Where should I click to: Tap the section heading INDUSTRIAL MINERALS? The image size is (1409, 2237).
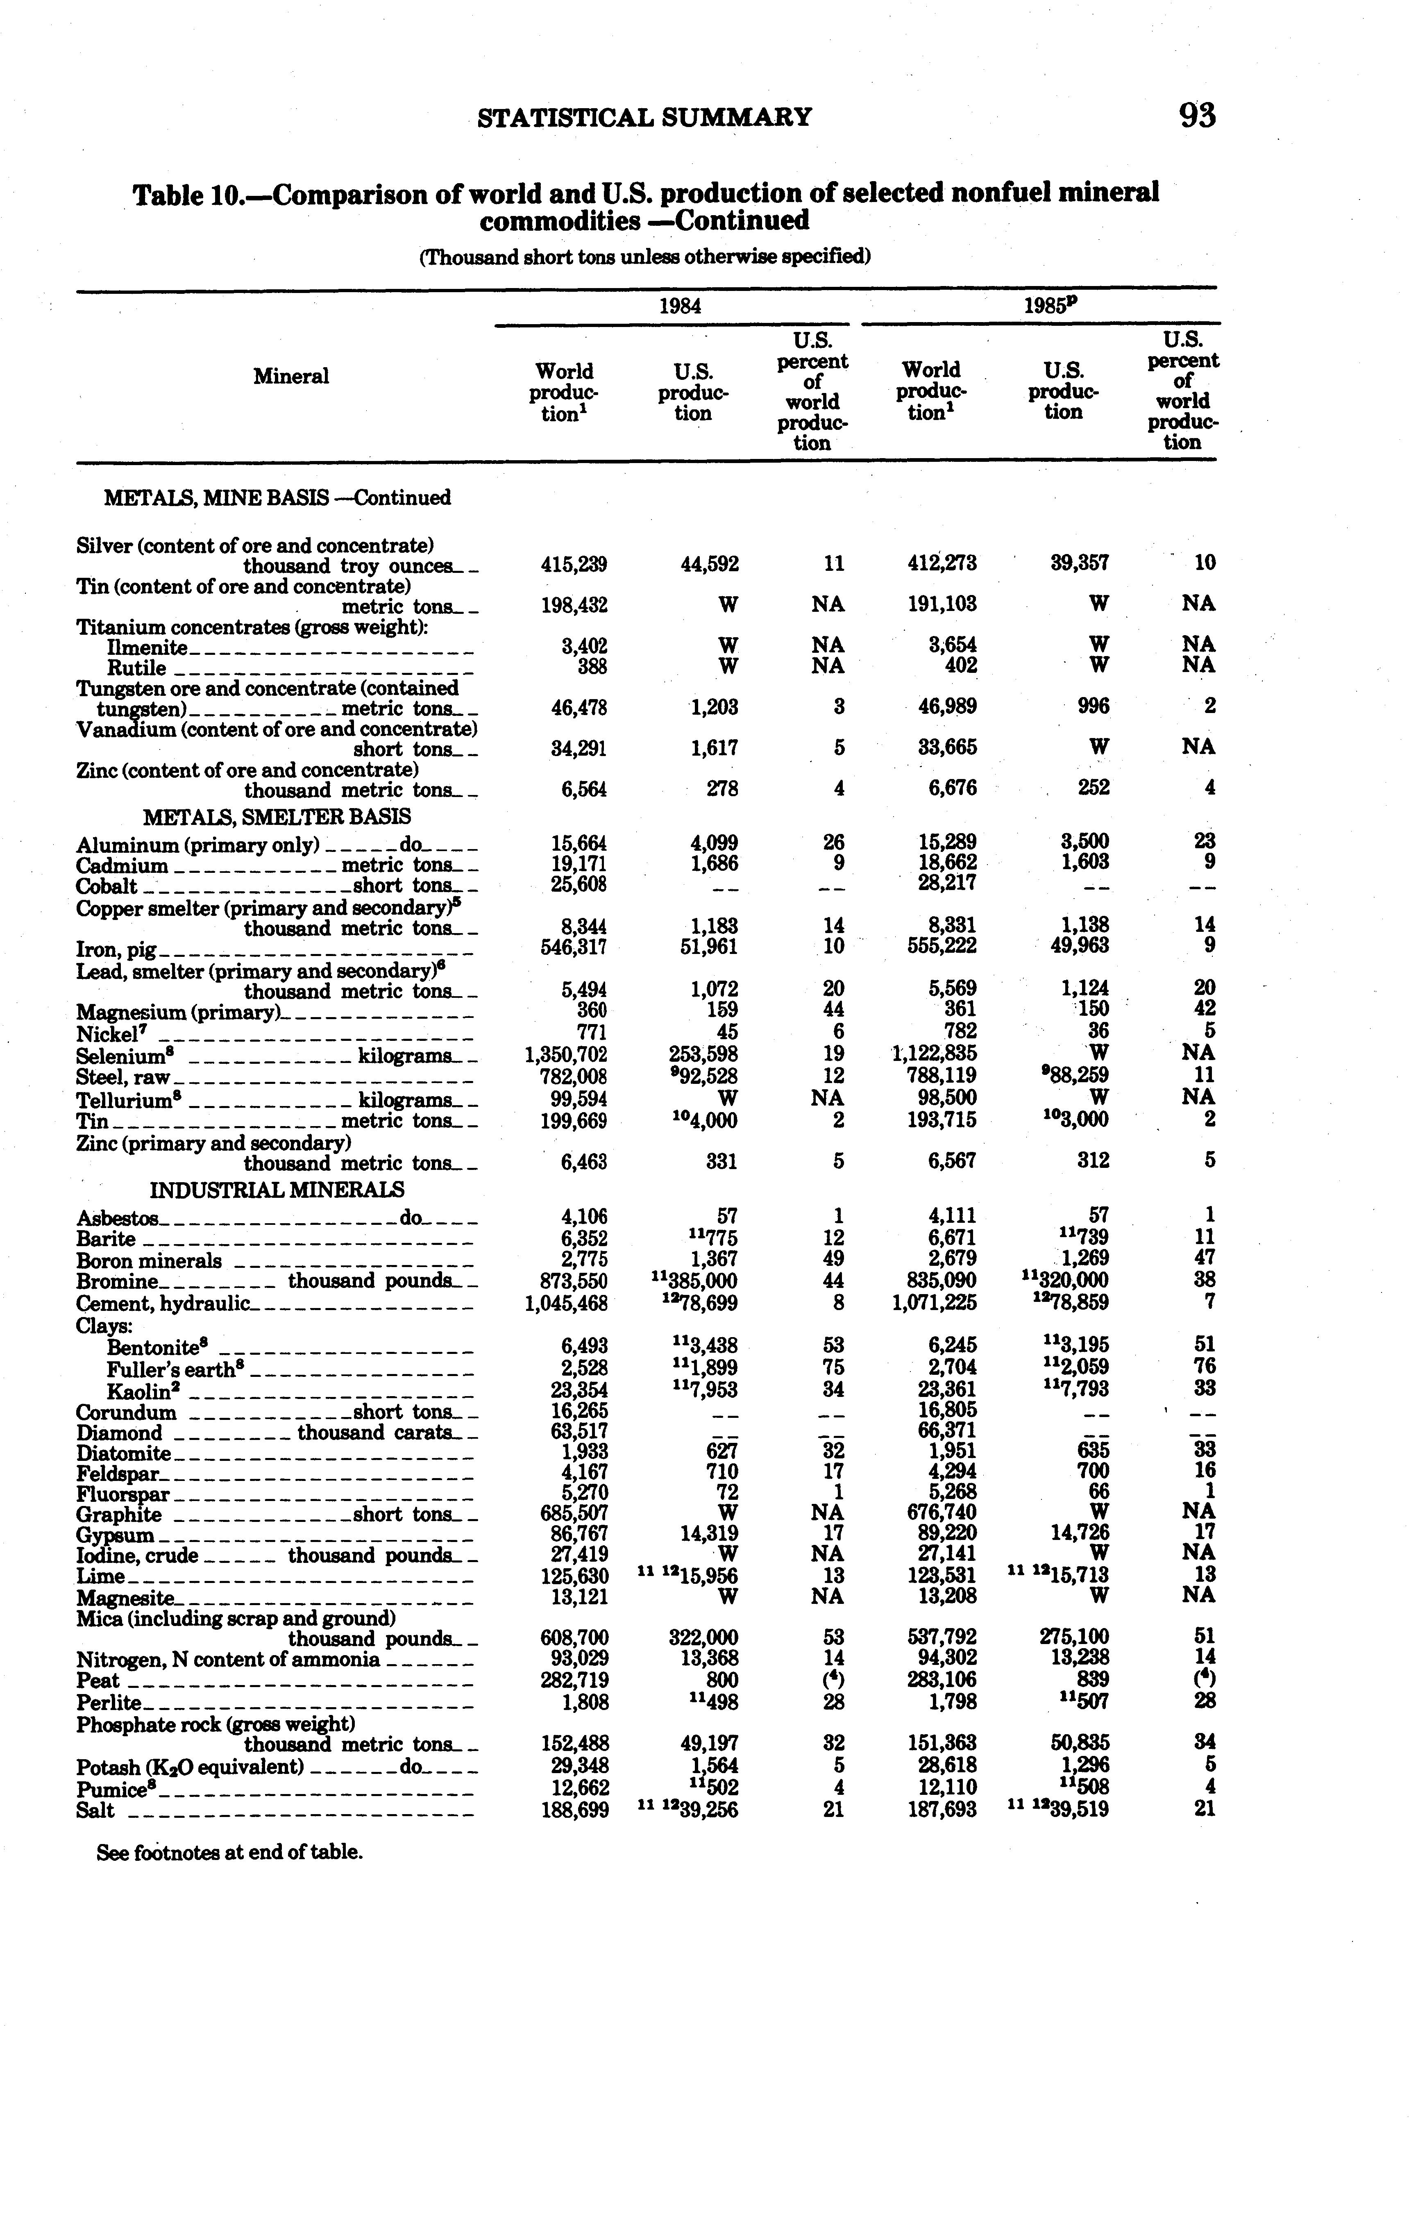277,1190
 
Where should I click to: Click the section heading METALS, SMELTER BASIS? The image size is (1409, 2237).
277,817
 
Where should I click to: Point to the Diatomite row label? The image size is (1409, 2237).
124,1454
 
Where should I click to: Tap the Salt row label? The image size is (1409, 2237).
95,1810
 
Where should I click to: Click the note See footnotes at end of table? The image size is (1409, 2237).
229,1852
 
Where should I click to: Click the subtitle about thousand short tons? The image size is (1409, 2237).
644,257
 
